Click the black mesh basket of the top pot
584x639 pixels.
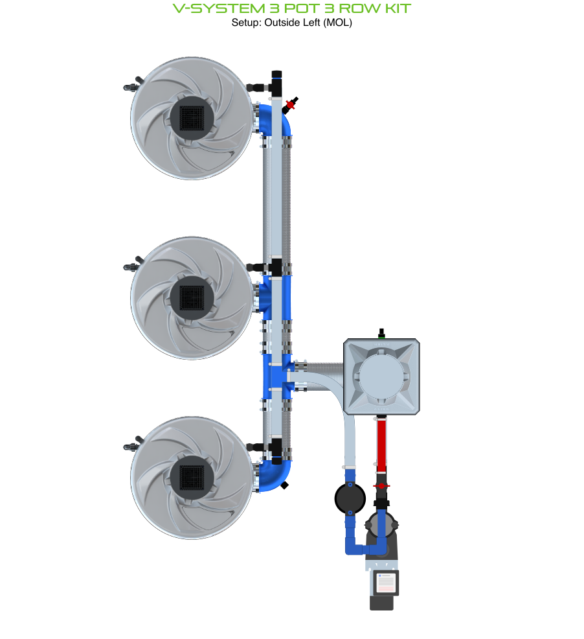coord(192,118)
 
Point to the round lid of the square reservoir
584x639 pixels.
coord(381,376)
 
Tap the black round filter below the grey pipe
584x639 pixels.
coord(350,498)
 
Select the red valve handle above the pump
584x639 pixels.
coord(381,485)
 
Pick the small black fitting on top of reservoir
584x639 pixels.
coord(381,332)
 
